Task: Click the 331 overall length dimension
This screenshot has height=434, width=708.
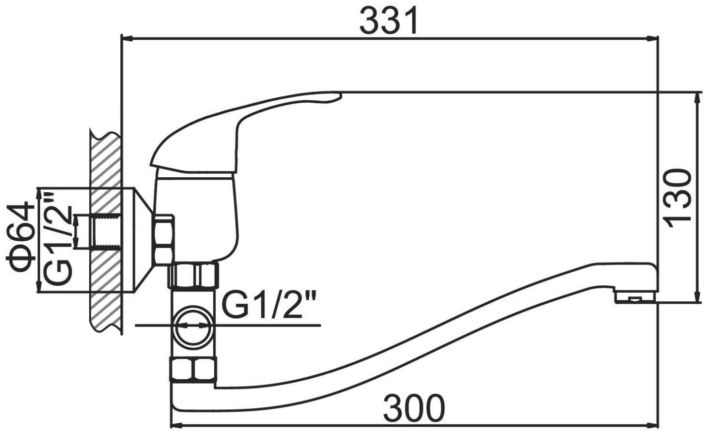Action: click(389, 20)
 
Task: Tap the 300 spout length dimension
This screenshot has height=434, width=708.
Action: click(414, 408)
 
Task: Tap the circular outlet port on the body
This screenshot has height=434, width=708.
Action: click(194, 325)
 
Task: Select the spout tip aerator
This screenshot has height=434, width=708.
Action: click(635, 296)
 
